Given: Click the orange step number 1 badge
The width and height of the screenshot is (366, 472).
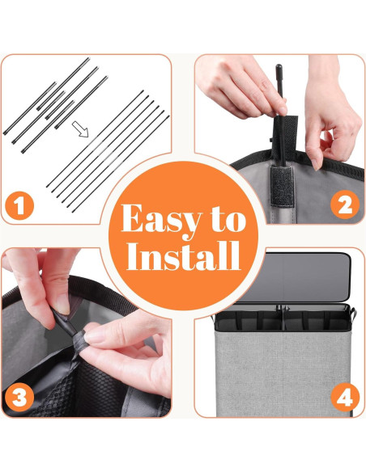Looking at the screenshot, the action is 19,206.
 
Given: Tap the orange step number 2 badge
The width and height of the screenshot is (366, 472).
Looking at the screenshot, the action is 345,205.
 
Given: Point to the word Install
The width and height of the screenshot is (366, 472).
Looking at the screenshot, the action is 183,256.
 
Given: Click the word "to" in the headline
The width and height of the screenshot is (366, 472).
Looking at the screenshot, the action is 229,219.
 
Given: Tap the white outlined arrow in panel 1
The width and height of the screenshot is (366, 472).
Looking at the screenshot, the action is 80,129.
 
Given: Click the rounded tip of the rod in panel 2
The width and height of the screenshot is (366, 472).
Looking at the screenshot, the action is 279,67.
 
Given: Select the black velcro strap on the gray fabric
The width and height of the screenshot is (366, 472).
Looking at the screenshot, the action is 282,186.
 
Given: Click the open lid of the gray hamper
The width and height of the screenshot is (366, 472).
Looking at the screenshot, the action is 294,277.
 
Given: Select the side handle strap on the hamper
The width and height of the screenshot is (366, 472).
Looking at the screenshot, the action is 353,314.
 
